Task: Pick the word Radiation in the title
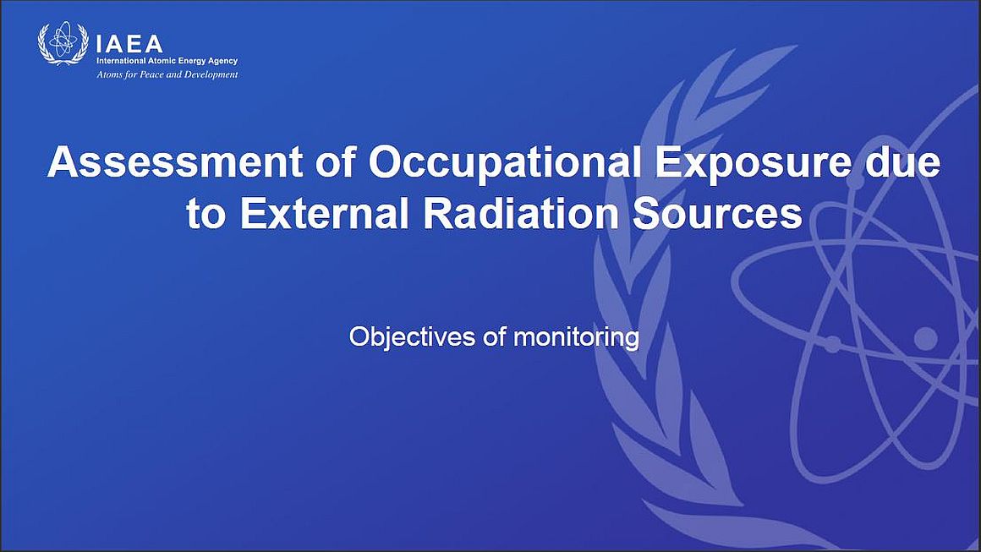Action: point(521,213)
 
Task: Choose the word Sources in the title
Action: point(717,213)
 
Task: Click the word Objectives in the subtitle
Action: point(413,337)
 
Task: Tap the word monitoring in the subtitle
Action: point(576,337)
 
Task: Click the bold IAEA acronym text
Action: point(129,44)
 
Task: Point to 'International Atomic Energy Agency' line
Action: point(167,61)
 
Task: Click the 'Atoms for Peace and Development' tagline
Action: point(167,75)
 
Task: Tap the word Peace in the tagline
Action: point(151,75)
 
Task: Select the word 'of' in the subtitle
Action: point(494,337)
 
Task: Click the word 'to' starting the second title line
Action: point(206,213)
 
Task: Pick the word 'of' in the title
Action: point(336,162)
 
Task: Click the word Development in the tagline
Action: point(211,75)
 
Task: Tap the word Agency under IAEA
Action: point(223,61)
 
